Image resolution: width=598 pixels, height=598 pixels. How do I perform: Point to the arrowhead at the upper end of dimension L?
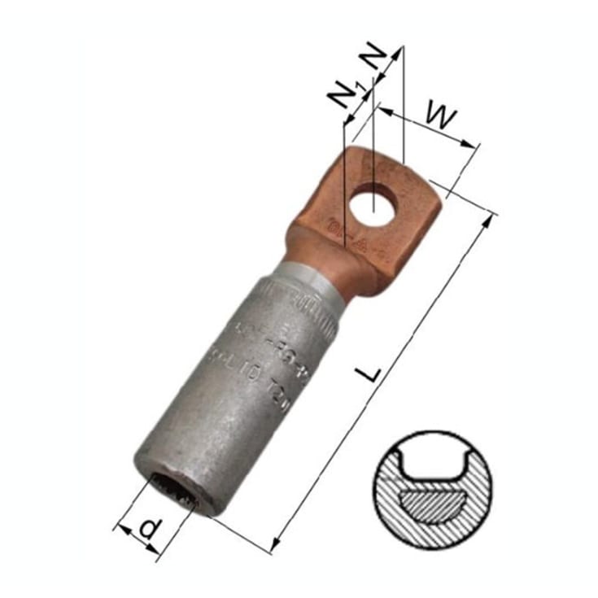tap(493, 217)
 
